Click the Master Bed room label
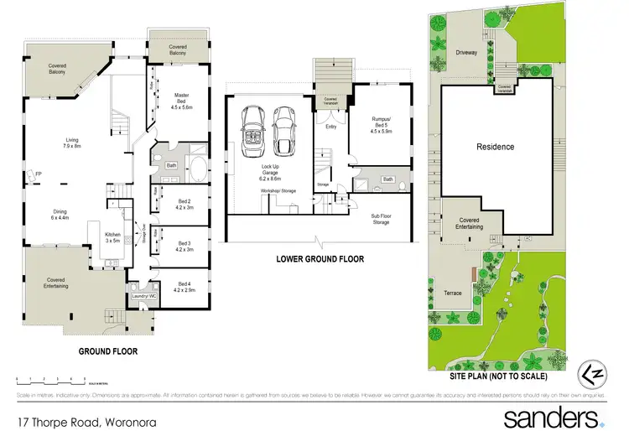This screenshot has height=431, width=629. [x=182, y=101]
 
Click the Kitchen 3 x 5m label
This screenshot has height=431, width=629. [x=113, y=237]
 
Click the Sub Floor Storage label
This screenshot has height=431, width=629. [x=381, y=220]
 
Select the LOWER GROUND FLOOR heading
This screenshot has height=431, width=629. [x=320, y=259]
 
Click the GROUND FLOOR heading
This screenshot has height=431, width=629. [x=108, y=351]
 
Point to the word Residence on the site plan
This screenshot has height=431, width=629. [x=495, y=147]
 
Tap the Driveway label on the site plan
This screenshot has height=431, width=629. [x=466, y=52]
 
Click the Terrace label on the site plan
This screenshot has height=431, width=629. [x=453, y=293]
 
